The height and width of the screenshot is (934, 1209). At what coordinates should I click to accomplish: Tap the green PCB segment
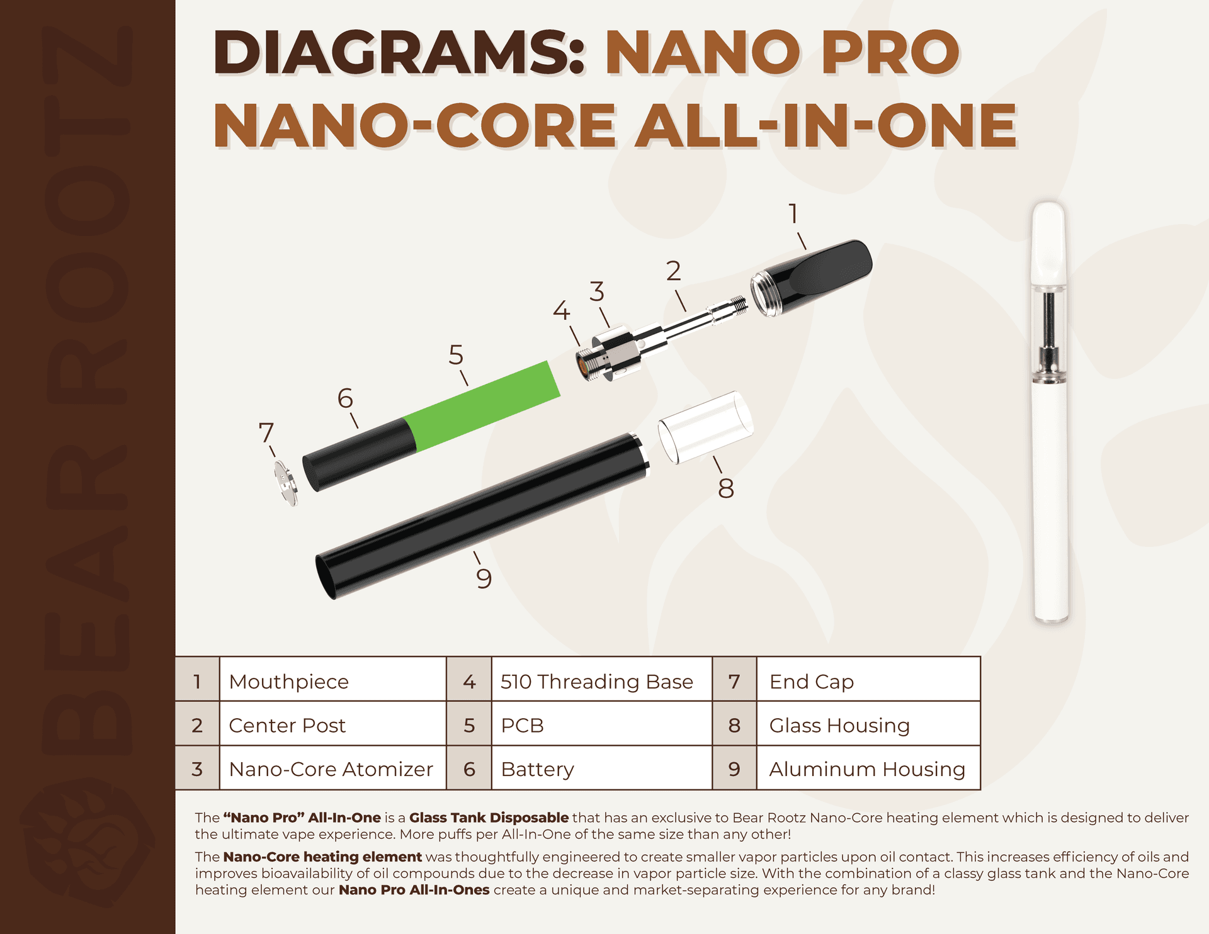point(482,405)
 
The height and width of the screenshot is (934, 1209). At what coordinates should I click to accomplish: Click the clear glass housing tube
point(705,427)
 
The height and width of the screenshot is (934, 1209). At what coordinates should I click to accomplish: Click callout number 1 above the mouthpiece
point(793,214)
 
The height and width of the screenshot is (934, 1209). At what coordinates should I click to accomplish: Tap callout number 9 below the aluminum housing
point(484,578)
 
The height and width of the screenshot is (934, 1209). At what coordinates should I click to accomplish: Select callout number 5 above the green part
point(456,356)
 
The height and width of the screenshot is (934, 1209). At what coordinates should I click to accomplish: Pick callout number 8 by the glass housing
point(726,489)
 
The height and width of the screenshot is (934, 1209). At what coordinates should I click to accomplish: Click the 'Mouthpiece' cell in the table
point(289,682)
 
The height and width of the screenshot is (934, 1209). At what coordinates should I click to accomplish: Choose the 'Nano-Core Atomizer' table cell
point(331,769)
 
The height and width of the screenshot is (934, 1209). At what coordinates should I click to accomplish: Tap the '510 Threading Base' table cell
point(596,682)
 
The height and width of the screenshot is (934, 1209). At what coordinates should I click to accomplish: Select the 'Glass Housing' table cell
point(839,726)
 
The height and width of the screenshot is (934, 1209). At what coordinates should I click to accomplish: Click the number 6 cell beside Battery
point(469,769)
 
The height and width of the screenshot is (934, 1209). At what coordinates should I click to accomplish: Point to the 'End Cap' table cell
point(812,682)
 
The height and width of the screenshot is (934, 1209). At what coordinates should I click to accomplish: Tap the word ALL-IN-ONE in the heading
point(825,126)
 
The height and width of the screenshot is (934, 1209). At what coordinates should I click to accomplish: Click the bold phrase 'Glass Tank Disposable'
point(489,818)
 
